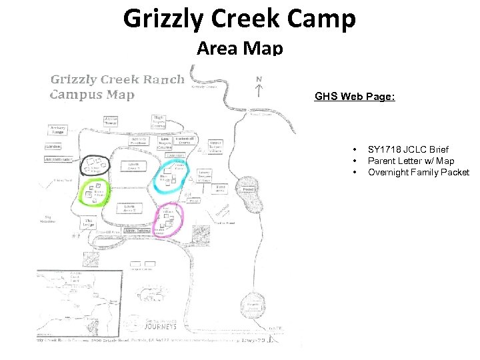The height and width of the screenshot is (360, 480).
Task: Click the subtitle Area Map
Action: pyautogui.click(x=239, y=48)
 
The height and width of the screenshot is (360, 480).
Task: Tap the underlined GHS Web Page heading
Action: pyautogui.click(x=355, y=97)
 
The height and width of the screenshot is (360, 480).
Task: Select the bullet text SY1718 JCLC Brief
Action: pyautogui.click(x=408, y=149)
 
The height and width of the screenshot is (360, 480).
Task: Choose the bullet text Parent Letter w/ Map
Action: pyautogui.click(x=411, y=161)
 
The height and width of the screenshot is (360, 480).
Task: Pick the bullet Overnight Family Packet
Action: pyautogui.click(x=418, y=172)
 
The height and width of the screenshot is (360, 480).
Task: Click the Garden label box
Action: pyautogui.click(x=53, y=147)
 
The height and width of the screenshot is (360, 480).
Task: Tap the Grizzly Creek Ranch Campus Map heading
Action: pyautogui.click(x=117, y=87)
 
